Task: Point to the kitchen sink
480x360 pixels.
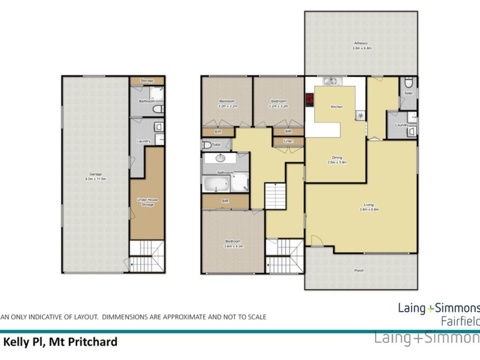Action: pos(331,80)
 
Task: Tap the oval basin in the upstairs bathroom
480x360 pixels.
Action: pos(218,159)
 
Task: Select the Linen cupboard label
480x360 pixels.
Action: pos(288,142)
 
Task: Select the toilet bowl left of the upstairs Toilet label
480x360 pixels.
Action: pos(206,145)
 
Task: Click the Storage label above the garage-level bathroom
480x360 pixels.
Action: pos(147,80)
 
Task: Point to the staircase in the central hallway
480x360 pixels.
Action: pos(275,195)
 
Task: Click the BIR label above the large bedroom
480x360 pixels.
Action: pos(225,202)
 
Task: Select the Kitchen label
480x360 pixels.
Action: pos(337,107)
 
